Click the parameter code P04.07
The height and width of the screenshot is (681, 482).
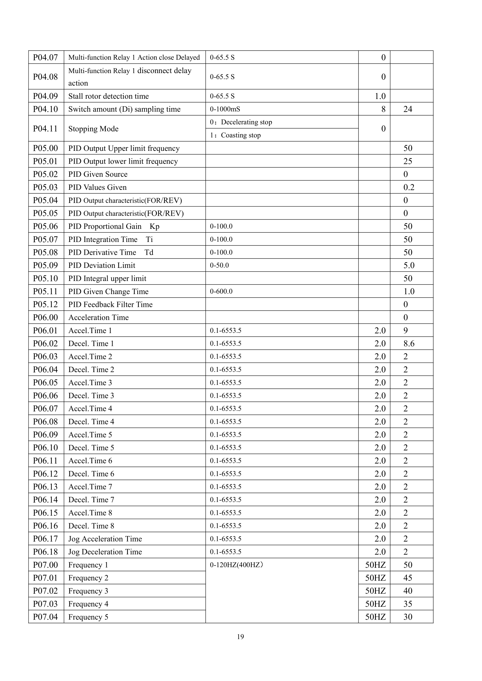click(45, 57)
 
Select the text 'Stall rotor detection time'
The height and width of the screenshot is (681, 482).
click(108, 96)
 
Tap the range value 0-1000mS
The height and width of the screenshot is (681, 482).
click(225, 109)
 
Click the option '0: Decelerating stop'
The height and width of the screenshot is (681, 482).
click(241, 122)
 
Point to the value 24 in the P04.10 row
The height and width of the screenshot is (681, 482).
click(407, 109)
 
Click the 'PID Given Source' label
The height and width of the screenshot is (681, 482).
click(98, 174)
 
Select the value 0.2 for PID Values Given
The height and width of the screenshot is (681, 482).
click(409, 187)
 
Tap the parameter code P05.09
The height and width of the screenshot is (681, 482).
click(45, 265)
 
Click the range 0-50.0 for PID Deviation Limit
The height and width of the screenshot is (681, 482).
click(219, 265)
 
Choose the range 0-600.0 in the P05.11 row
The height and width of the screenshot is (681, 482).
click(221, 291)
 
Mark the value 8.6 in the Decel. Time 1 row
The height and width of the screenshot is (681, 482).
click(409, 344)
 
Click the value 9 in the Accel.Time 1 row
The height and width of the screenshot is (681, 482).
click(405, 330)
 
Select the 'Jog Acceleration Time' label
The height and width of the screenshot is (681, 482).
click(105, 539)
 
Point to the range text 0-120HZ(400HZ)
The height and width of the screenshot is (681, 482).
click(236, 565)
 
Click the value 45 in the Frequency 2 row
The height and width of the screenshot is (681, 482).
click(407, 578)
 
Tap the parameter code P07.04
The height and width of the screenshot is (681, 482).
click(45, 617)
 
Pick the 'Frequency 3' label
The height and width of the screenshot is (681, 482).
click(88, 591)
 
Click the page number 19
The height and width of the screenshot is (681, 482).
click(240, 637)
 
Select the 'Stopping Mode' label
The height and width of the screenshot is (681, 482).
click(93, 129)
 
